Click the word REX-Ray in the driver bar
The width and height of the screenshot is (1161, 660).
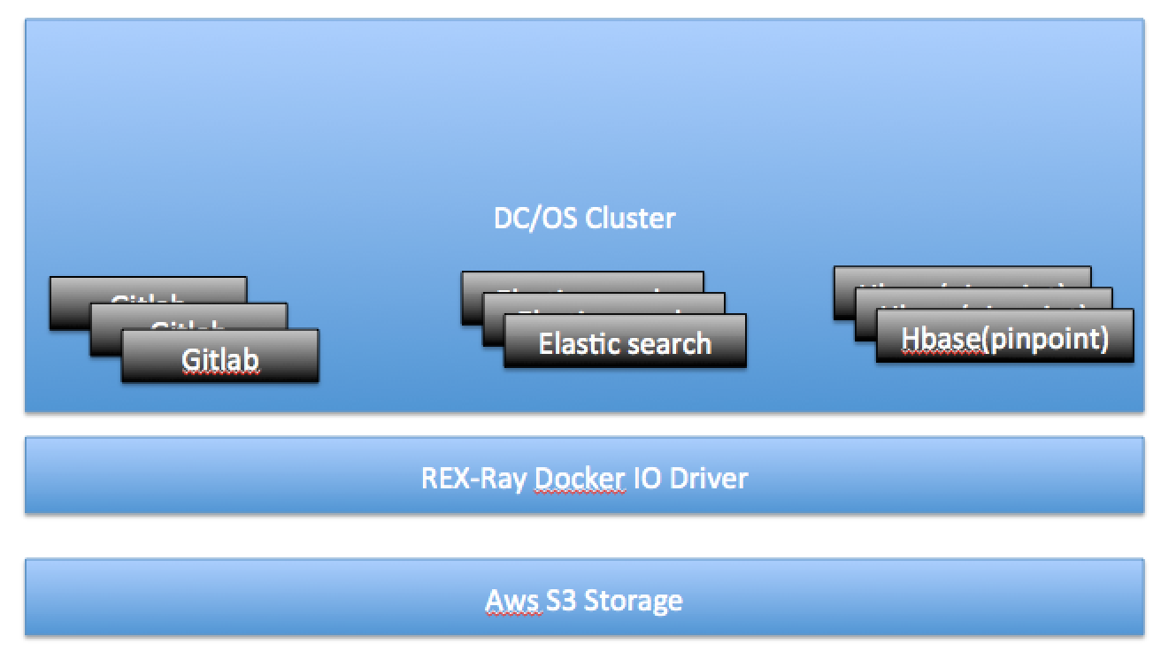474,478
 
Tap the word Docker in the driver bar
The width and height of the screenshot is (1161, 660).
580,478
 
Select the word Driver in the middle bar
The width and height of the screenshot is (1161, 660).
710,478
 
